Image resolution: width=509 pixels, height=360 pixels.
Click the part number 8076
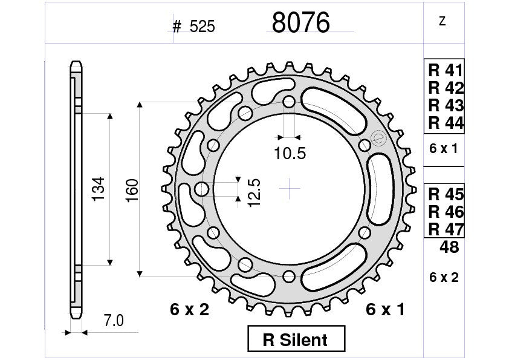pyautogui.click(x=300, y=23)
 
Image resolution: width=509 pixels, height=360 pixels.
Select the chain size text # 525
pyautogui.click(x=193, y=27)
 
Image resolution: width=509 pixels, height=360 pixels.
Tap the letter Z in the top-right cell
pyautogui.click(x=442, y=22)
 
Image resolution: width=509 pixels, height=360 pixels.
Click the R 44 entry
pyautogui.click(x=446, y=123)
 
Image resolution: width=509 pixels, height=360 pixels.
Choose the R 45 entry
pyautogui.click(x=446, y=195)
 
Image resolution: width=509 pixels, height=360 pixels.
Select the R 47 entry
pyautogui.click(x=446, y=229)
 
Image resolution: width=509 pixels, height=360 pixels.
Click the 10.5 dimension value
pyautogui.click(x=289, y=154)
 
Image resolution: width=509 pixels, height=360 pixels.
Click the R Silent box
pyautogui.click(x=296, y=339)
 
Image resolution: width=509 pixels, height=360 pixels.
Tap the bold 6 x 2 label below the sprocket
pyautogui.click(x=189, y=310)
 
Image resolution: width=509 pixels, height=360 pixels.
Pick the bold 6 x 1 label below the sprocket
pyautogui.click(x=385, y=310)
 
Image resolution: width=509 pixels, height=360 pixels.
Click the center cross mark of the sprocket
pyautogui.click(x=290, y=189)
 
